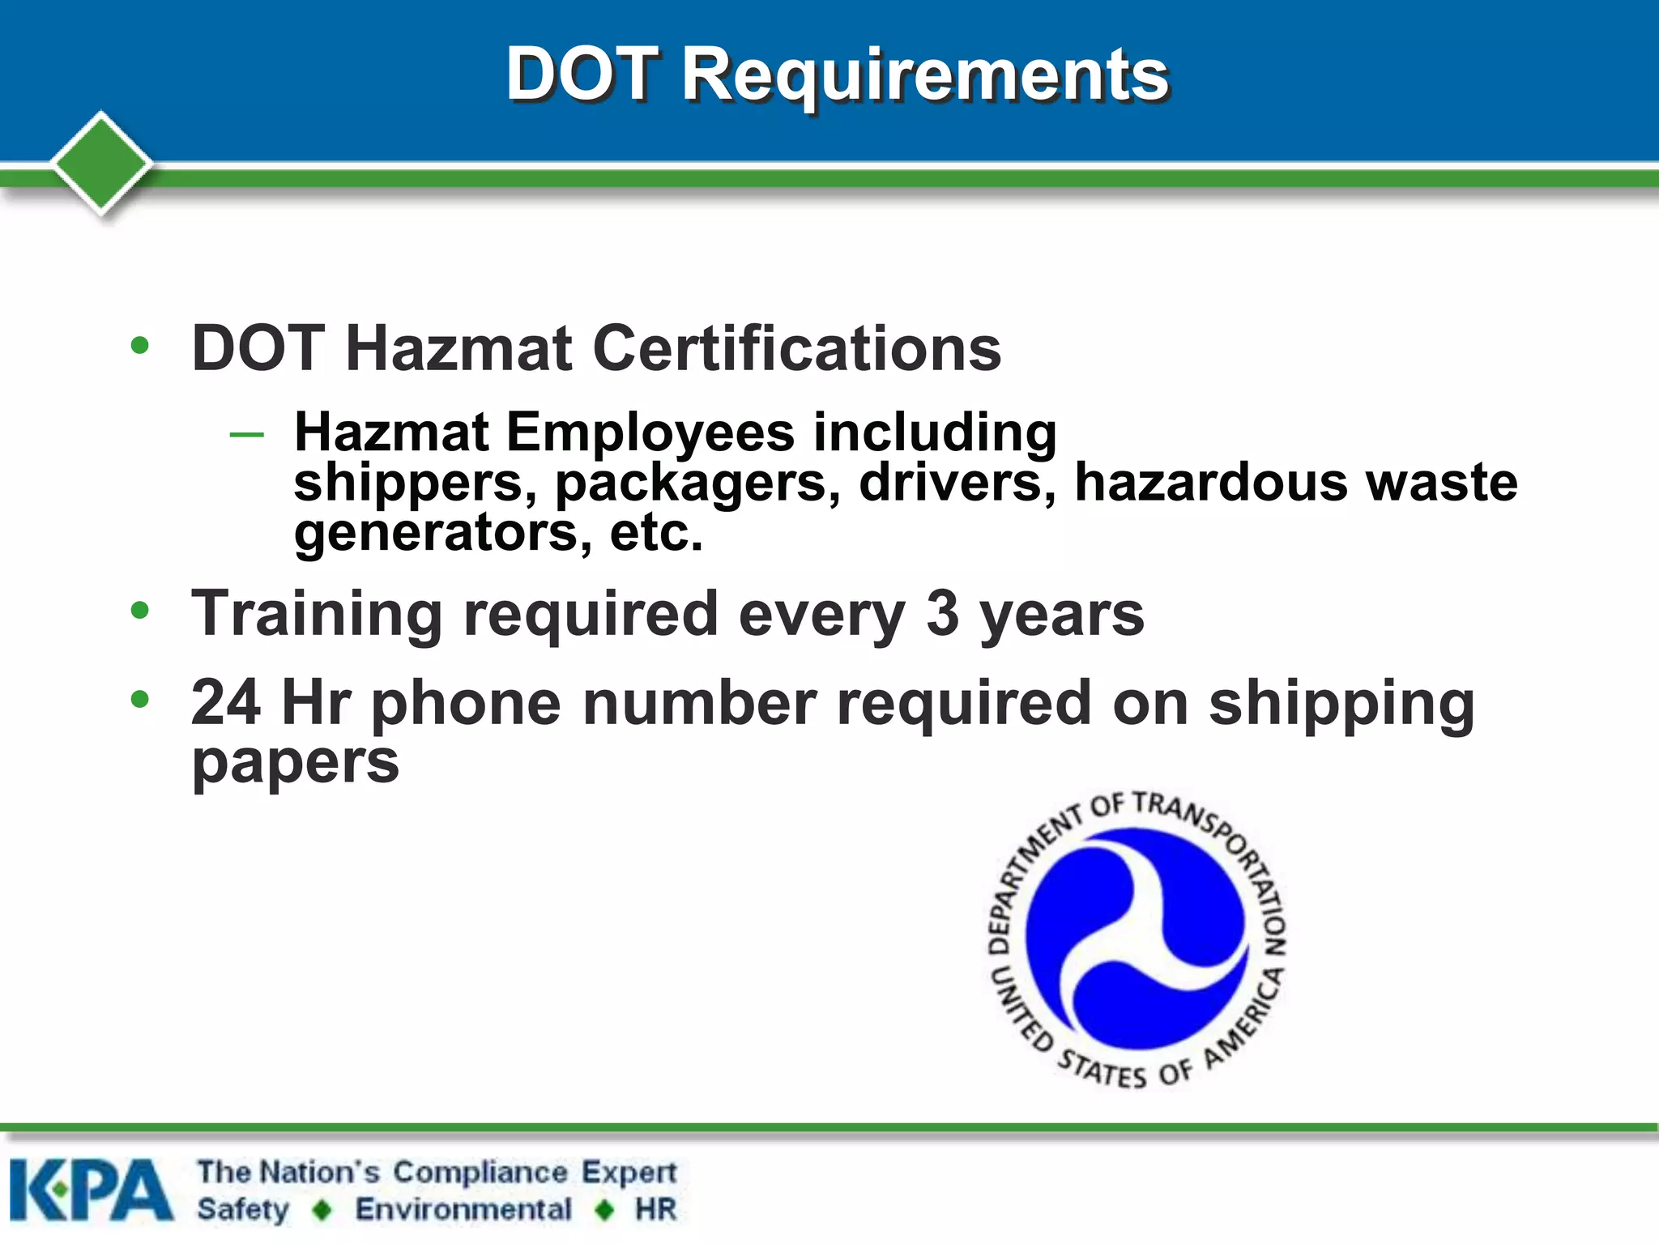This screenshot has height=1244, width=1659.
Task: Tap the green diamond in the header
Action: click(x=101, y=163)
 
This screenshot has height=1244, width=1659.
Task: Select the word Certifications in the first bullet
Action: click(x=796, y=349)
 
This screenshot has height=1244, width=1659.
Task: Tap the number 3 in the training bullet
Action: click(x=943, y=613)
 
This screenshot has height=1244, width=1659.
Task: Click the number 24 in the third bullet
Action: click(x=226, y=702)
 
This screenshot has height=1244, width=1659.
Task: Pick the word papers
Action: click(x=295, y=764)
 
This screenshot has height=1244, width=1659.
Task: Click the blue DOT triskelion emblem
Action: click(x=1136, y=939)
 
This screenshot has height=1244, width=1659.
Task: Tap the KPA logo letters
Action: click(x=91, y=1190)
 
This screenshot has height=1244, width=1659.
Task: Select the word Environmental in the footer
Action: click(x=463, y=1209)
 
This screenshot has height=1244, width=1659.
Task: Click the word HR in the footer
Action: click(x=655, y=1209)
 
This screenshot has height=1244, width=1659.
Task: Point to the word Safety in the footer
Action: click(x=243, y=1209)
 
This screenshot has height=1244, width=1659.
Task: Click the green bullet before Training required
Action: click(x=140, y=611)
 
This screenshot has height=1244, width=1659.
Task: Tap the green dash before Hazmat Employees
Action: click(x=246, y=435)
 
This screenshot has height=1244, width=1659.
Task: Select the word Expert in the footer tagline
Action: click(x=629, y=1172)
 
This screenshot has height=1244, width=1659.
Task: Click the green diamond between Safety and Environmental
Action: click(x=322, y=1210)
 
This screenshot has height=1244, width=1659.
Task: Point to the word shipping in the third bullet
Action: click(x=1341, y=704)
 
